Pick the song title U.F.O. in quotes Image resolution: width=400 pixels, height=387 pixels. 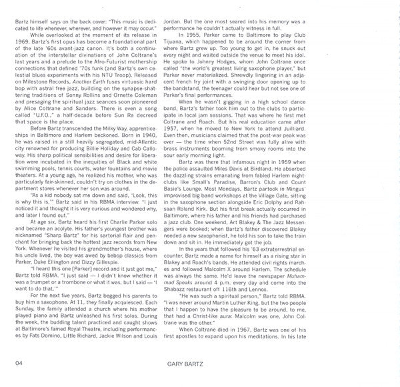pos(41,118)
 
